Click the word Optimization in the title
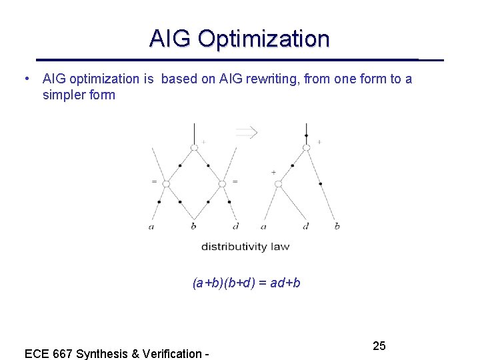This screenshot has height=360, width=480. click(264, 39)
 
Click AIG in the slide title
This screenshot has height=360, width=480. click(171, 39)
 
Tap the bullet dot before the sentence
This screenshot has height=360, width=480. click(25, 79)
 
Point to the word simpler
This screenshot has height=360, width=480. click(63, 95)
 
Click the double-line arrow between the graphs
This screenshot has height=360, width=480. click(247, 133)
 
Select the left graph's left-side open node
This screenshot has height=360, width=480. click(166, 183)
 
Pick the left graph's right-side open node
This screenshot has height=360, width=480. click(222, 183)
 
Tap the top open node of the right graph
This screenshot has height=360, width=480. click(306, 147)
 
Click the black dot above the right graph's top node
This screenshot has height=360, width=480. click(306, 135)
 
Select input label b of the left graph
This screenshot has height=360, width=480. click(193, 226)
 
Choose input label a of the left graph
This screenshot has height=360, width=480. click(151, 227)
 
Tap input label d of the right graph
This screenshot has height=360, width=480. click(305, 226)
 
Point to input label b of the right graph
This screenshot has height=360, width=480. click(337, 226)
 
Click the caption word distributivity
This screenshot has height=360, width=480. click(235, 247)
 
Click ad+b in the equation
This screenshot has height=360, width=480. click(285, 283)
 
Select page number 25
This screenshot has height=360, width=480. click(379, 345)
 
